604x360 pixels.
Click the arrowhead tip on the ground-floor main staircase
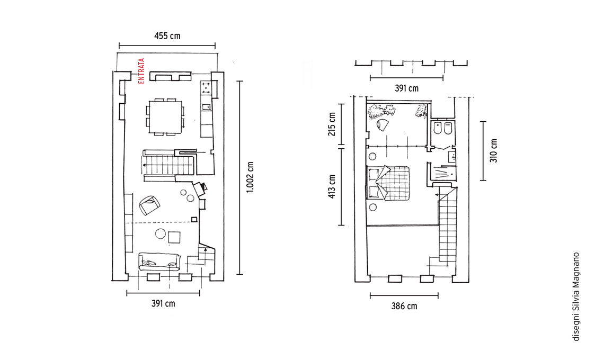[x=142, y=165]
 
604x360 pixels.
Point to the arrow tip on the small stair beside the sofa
[x=206, y=248]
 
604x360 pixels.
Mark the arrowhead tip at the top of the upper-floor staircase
[x=436, y=195]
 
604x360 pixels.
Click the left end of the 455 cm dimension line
[x=119, y=46]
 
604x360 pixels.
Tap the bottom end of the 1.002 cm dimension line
[x=239, y=274]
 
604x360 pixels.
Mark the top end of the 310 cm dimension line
[x=483, y=122]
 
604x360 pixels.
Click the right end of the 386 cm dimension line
[x=438, y=296]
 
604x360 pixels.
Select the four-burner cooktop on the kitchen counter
[x=206, y=88]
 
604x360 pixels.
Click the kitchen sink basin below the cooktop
[x=206, y=106]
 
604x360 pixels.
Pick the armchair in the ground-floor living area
[x=149, y=205]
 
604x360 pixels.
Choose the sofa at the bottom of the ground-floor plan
[x=159, y=262]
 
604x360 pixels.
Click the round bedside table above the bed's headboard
[x=372, y=156]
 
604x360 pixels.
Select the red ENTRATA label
[x=141, y=71]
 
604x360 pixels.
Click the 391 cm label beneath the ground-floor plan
[x=163, y=303]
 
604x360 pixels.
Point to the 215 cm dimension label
[x=332, y=124]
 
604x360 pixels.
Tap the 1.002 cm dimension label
[x=250, y=177]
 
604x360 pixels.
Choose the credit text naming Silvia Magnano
[x=576, y=296]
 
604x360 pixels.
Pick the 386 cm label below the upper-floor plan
[x=404, y=306]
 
